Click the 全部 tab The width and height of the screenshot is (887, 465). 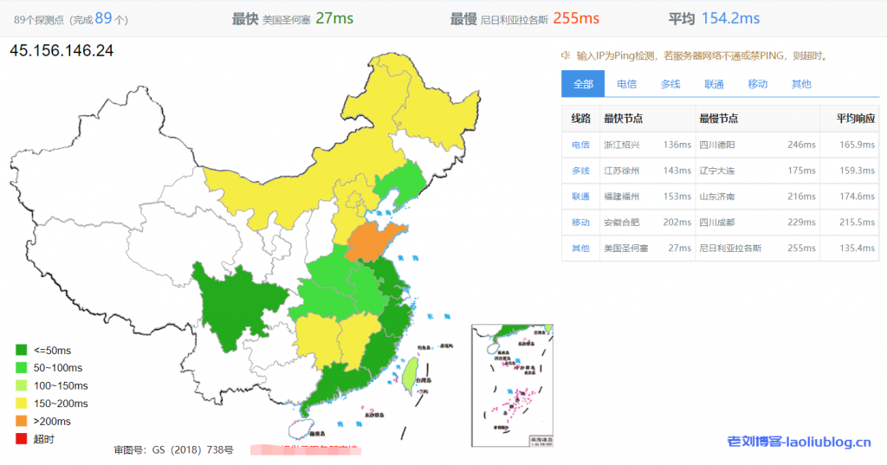(x=583, y=84)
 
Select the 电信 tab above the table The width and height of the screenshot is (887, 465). (x=626, y=84)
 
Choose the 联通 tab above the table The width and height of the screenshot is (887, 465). (x=714, y=84)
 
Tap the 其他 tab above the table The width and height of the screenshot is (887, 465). (x=801, y=84)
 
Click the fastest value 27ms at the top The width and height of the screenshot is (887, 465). (x=334, y=18)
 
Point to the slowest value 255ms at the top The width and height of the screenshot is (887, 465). (x=576, y=18)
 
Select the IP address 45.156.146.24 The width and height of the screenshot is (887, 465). (x=62, y=51)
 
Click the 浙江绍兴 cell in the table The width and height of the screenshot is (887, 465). (x=622, y=145)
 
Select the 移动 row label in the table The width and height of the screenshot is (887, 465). (x=580, y=223)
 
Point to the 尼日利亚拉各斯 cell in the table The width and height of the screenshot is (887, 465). (x=730, y=249)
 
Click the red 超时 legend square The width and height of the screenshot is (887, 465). (x=21, y=439)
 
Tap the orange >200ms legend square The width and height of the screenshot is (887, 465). (x=21, y=421)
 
